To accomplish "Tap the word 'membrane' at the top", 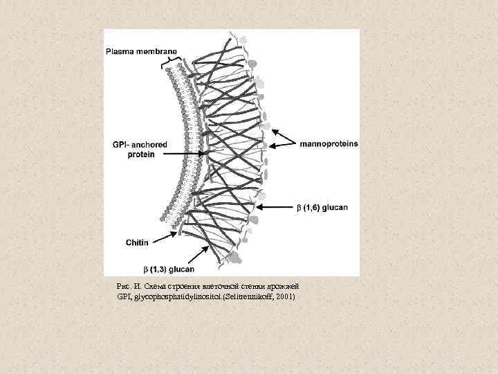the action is pyautogui.click(x=157, y=51).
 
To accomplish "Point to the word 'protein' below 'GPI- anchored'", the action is pyautogui.click(x=140, y=154).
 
